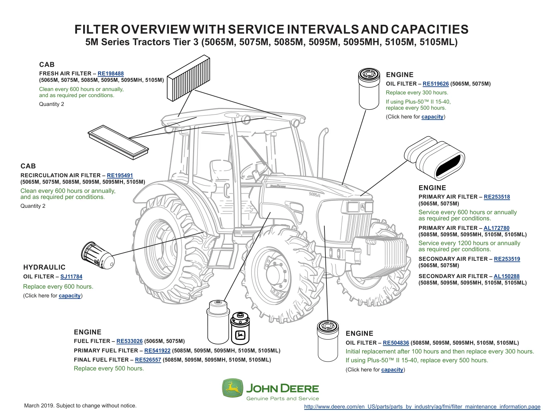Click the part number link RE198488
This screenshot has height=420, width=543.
[x=110, y=73]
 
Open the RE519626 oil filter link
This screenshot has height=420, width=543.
[x=435, y=84]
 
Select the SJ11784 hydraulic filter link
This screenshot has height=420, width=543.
[x=71, y=276]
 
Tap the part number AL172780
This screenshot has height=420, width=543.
[x=496, y=228]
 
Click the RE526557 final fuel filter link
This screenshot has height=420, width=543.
[x=148, y=360]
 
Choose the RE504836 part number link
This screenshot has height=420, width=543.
[x=396, y=343]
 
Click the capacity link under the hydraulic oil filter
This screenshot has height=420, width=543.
[x=70, y=296]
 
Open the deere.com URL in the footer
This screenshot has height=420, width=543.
[x=422, y=406]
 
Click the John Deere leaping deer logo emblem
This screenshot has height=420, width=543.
[x=232, y=388]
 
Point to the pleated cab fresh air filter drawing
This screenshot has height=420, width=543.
[x=188, y=78]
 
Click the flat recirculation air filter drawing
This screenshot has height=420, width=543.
[x=118, y=142]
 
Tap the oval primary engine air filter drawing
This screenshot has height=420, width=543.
[x=434, y=158]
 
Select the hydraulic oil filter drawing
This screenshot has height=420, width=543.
[x=98, y=255]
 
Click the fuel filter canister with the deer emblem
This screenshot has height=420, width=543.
[x=240, y=328]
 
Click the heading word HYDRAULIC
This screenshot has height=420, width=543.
[x=44, y=267]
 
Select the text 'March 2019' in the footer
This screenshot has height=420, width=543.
[x=39, y=405]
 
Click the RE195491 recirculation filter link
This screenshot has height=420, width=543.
[x=120, y=175]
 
